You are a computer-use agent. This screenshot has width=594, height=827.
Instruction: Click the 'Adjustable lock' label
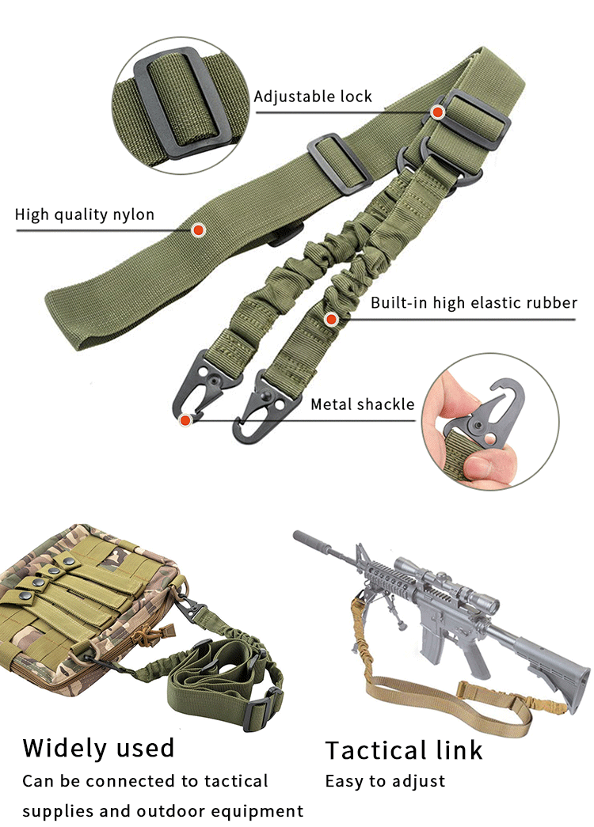(312, 97)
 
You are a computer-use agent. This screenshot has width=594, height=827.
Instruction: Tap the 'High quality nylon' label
(85, 214)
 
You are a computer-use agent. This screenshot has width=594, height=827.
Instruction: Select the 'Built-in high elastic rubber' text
(474, 302)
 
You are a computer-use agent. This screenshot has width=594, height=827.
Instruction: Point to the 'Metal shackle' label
(362, 404)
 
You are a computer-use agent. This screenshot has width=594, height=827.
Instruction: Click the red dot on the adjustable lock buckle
(437, 112)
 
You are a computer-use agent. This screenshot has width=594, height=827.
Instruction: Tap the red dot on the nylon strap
(199, 230)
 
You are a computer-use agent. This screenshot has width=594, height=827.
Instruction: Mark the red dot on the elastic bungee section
(331, 319)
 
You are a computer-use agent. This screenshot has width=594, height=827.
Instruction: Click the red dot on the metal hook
(185, 420)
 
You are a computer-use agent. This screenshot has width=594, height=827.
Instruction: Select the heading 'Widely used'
(98, 747)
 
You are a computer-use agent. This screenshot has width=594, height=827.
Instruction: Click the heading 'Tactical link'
(404, 749)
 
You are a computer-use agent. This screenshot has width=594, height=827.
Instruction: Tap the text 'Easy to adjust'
(385, 781)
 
